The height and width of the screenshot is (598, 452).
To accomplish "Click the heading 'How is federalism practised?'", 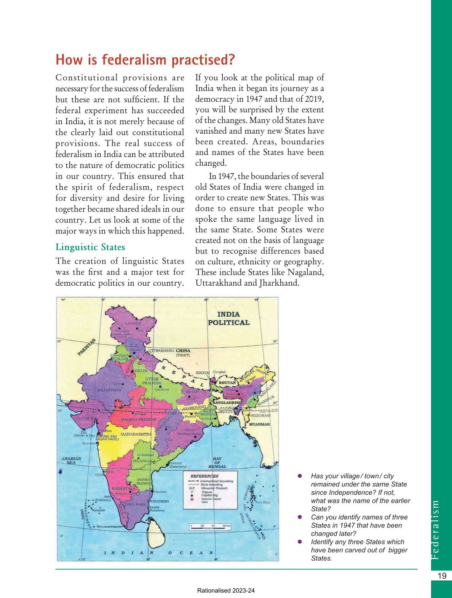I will click(x=145, y=60).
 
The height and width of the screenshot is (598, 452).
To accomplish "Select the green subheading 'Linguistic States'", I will click(x=90, y=247).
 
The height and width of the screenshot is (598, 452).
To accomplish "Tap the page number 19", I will click(x=442, y=576).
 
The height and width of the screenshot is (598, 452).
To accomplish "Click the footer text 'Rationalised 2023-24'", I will click(x=226, y=591).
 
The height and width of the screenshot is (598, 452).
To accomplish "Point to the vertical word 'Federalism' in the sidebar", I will click(x=436, y=529).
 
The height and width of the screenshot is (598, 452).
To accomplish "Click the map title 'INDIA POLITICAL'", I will click(x=228, y=318).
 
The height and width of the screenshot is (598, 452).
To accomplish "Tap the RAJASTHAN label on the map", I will click(x=109, y=390).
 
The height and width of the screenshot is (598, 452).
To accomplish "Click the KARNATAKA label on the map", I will click(x=124, y=488).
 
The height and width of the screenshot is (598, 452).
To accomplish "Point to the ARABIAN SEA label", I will click(x=71, y=460).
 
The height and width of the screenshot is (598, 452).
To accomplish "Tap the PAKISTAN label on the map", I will click(x=87, y=347).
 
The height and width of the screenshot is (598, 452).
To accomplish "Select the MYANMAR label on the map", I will click(x=259, y=424).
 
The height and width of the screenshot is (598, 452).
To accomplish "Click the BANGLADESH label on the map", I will click(x=226, y=402).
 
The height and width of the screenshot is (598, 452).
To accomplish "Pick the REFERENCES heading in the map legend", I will click(x=204, y=476).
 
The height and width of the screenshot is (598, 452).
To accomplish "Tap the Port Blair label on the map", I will click(x=263, y=502).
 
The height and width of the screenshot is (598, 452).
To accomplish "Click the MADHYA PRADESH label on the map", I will click(x=139, y=419).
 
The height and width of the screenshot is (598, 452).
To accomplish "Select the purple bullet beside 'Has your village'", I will click(x=300, y=476).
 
